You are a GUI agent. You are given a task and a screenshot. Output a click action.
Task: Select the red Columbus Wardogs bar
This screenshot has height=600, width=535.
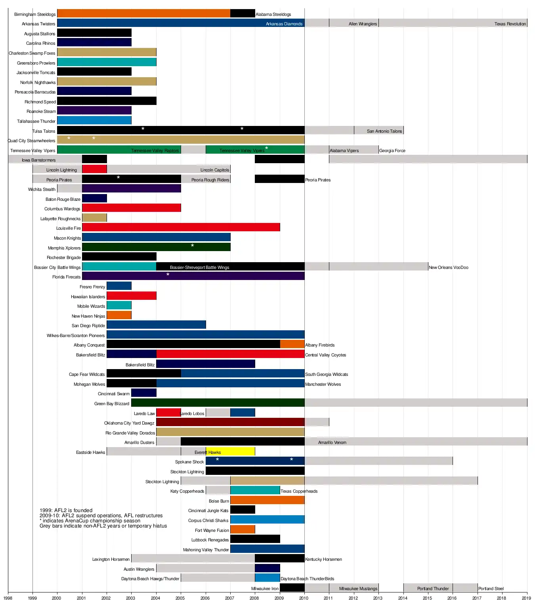[x=131, y=208]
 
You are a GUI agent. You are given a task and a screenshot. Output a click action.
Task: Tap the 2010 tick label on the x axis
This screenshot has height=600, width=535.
[x=304, y=598]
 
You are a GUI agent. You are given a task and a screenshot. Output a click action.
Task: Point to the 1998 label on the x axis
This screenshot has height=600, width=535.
[x=8, y=598]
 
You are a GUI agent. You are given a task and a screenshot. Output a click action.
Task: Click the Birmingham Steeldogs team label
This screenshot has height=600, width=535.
[x=35, y=14]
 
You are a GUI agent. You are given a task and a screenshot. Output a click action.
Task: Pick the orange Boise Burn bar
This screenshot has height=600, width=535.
[x=267, y=500]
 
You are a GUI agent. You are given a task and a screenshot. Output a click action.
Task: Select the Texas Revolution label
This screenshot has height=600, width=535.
[x=510, y=24]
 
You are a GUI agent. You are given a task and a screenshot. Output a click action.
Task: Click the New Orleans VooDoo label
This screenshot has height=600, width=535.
[x=448, y=267]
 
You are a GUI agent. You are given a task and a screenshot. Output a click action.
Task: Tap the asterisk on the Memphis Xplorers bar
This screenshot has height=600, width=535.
[x=193, y=246]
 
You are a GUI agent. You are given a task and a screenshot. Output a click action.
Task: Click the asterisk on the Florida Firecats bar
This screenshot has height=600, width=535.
[x=168, y=275]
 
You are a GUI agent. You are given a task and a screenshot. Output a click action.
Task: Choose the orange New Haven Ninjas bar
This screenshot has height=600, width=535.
[x=119, y=315]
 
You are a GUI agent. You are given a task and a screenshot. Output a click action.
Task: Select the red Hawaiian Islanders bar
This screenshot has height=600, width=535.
[x=131, y=295]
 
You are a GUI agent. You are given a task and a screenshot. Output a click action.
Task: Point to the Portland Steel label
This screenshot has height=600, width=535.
[x=491, y=589]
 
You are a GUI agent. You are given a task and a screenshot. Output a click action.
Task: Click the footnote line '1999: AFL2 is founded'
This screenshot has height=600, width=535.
[x=66, y=510]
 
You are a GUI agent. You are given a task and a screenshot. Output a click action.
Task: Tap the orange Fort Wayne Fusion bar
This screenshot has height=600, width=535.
[x=243, y=530]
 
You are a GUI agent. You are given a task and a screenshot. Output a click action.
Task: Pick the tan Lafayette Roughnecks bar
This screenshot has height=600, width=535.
[x=94, y=218]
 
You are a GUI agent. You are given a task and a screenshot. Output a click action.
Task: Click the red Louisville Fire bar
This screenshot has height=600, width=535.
[x=181, y=227]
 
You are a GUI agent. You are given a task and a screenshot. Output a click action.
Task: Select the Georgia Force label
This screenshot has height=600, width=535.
[x=392, y=150]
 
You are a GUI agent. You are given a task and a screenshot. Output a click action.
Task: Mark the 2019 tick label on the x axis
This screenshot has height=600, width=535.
[x=526, y=598]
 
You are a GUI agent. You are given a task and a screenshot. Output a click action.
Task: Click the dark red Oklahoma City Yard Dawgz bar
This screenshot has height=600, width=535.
[x=230, y=422]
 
